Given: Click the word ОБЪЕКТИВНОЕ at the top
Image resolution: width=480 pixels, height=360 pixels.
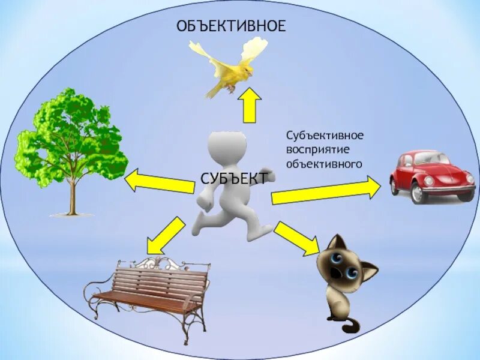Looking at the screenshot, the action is point(231,26).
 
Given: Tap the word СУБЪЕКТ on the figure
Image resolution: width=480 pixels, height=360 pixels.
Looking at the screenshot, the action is point(235,178).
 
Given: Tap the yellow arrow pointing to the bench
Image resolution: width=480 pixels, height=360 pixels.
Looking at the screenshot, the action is point(164,235).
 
